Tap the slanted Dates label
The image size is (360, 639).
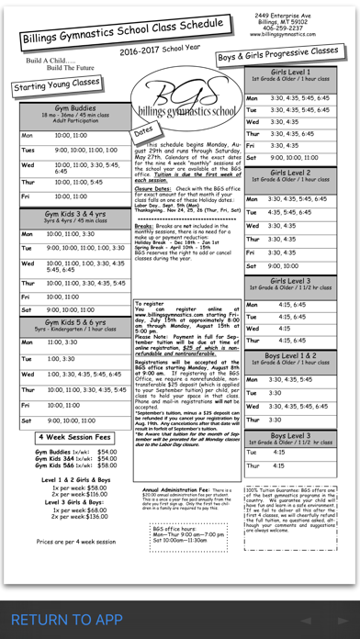(x=143, y=133)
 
